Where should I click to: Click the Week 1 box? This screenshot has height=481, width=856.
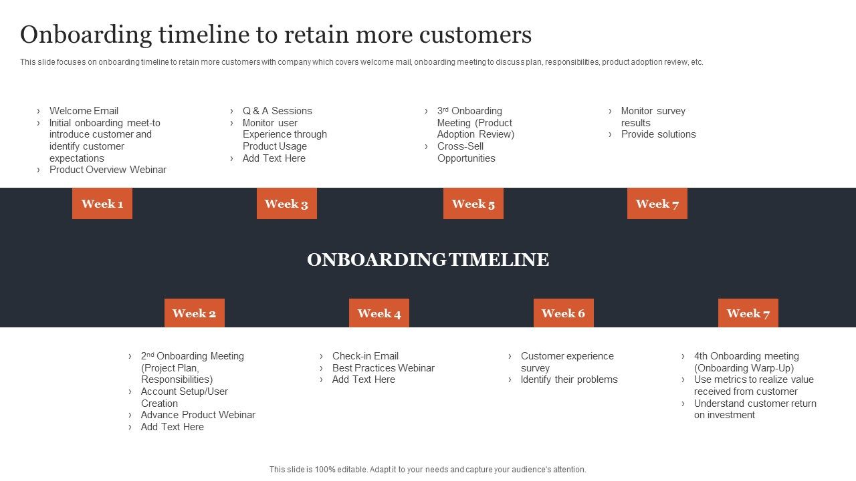coord(102,204)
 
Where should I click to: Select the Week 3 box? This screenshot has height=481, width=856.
coord(286,204)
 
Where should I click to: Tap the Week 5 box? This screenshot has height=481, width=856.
coord(473,204)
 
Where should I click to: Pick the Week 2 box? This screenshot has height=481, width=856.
coord(194,313)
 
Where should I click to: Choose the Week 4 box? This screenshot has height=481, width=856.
coord(379,313)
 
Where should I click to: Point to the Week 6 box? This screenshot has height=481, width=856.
coord(563,313)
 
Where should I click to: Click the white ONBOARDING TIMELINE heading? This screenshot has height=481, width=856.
coord(428,260)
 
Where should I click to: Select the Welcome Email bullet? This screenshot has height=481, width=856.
coord(84,111)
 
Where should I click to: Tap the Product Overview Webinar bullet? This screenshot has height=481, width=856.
coord(108,170)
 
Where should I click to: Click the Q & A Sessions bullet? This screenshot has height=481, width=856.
coord(277,111)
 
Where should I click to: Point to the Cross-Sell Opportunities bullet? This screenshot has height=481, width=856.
coord(466,152)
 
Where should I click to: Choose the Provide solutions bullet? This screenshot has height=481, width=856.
coord(658,134)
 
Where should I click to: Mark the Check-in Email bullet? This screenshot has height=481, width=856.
coord(365,356)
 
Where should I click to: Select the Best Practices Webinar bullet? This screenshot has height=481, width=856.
coord(383,368)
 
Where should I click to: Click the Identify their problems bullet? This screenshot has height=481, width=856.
coord(569,379)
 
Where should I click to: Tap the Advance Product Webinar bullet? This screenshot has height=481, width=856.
coord(198,415)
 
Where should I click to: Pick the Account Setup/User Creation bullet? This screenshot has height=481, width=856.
coord(184,397)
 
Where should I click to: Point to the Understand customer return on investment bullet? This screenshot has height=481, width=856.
coord(754,409)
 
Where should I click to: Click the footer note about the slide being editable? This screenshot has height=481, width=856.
coord(428,470)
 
